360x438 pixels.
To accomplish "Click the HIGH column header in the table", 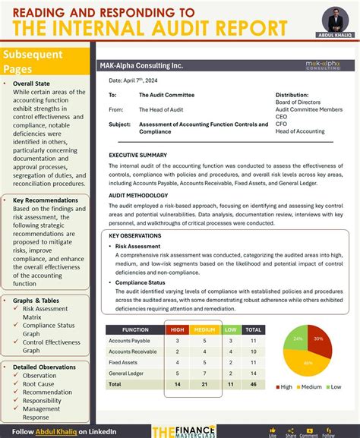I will pyautogui.click(x=177, y=329).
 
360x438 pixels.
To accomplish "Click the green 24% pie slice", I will pyautogui.click(x=298, y=339).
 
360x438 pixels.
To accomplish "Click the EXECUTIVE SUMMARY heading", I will pyautogui.click(x=137, y=155).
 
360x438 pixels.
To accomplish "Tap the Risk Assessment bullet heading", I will pyautogui.click(x=138, y=246).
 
